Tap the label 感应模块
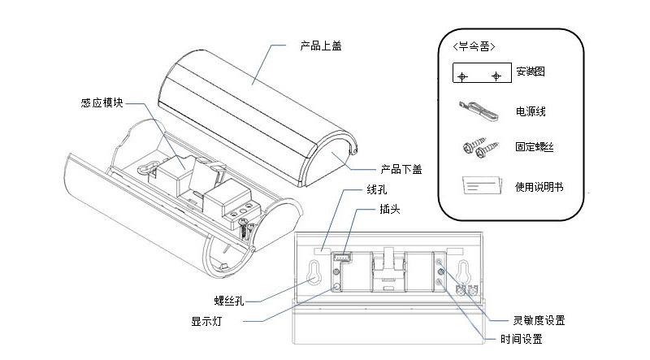[x=102, y=103]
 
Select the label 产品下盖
[x=401, y=170]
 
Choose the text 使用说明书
[x=539, y=187]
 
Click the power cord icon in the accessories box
[x=477, y=108]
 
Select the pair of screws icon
[x=478, y=148]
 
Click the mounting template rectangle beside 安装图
[x=480, y=75]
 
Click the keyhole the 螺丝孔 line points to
[x=314, y=274]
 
